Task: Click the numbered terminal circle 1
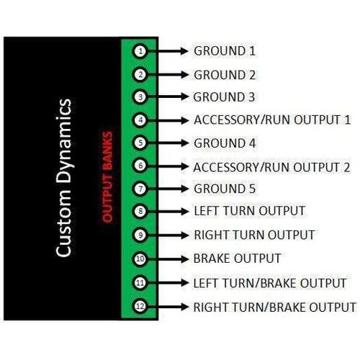[140, 51]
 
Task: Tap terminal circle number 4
[140, 120]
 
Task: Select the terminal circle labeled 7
[140, 189]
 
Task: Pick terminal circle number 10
[140, 258]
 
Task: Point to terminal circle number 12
[140, 306]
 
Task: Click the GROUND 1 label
[225, 51]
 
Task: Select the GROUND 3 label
[224, 97]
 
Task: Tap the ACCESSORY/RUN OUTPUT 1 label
[272, 120]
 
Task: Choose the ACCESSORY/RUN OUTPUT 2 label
[271, 167]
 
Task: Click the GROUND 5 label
[225, 189]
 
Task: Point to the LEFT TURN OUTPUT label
[249, 211]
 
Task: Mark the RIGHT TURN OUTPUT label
[254, 235]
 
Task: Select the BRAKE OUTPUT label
[237, 258]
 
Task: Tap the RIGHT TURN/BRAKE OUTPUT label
[275, 307]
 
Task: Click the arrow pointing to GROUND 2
[168, 75]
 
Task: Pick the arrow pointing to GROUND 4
[168, 143]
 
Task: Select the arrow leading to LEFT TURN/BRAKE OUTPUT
[168, 283]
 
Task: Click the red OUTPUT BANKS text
[107, 176]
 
